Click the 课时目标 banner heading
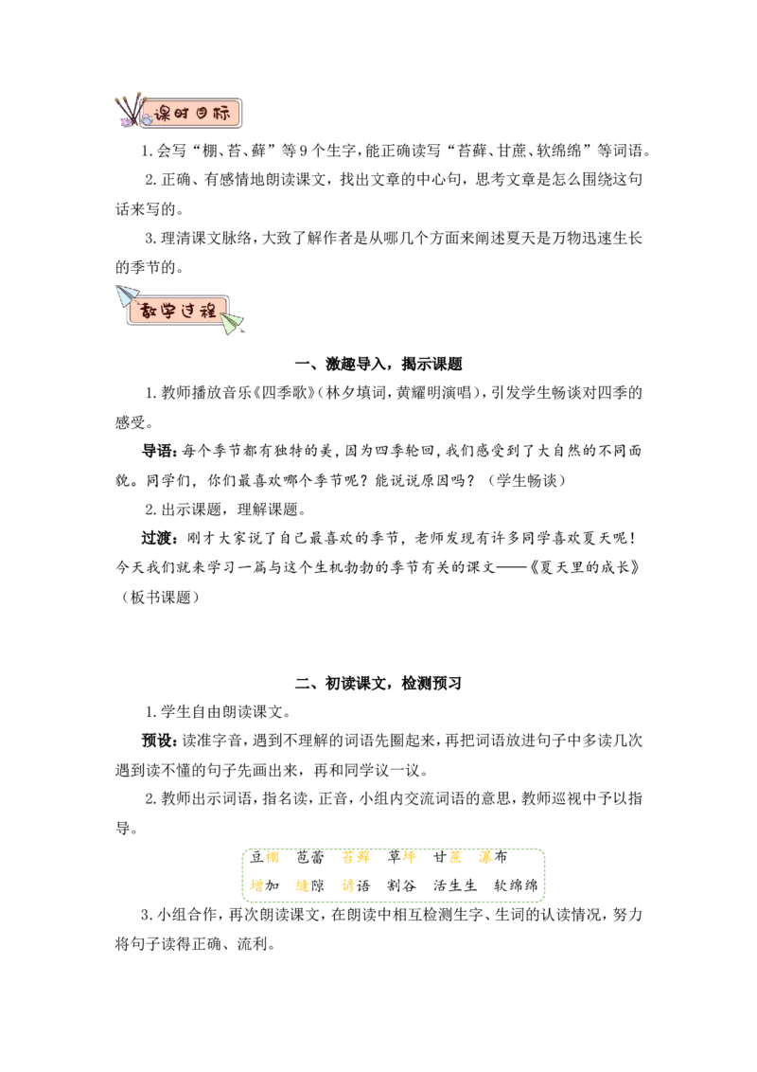click(192, 114)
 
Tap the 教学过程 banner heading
click(178, 311)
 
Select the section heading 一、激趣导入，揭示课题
click(378, 364)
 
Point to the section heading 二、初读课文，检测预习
click(378, 683)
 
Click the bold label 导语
click(157, 451)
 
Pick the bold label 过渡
click(157, 538)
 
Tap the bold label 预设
click(157, 741)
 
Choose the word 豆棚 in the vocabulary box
click(264, 857)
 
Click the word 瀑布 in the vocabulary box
click(493, 857)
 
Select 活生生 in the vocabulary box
click(455, 886)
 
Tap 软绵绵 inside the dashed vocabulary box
click(516, 886)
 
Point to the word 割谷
click(401, 886)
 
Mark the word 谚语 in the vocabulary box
click(356, 886)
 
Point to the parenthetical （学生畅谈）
click(526, 481)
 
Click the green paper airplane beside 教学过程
click(232, 323)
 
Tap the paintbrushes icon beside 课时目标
click(131, 110)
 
